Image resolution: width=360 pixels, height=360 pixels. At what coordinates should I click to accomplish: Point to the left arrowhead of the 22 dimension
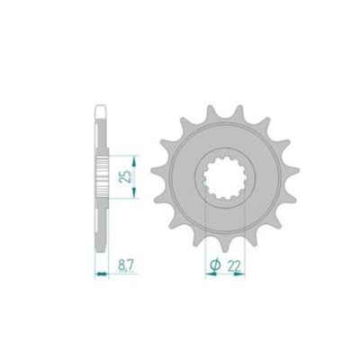208,274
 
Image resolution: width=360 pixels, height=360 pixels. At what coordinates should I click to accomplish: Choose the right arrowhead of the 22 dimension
244,274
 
